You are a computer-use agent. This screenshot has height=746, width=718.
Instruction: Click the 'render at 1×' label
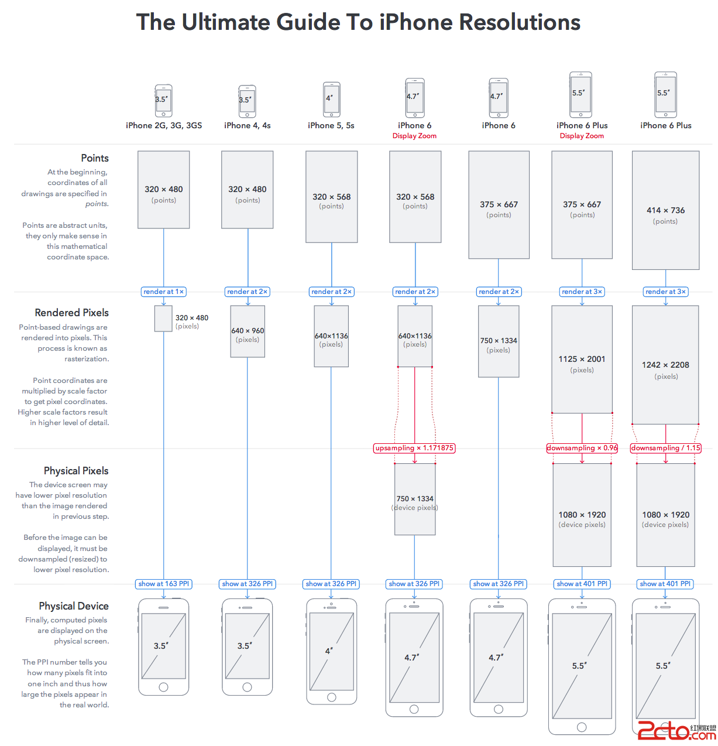pos(163,292)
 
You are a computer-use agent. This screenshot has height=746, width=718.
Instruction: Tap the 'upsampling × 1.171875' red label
pos(414,448)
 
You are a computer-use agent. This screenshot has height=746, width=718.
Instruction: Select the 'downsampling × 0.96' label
pos(582,448)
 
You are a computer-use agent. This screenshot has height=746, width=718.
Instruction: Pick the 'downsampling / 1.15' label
pos(665,448)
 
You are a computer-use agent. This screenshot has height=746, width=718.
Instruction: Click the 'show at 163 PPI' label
pos(163,584)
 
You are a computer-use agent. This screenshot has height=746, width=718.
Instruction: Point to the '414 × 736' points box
pos(665,210)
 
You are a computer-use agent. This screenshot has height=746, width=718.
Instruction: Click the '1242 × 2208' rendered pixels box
pos(665,365)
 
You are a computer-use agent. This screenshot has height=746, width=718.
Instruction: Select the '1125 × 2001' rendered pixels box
pos(582,359)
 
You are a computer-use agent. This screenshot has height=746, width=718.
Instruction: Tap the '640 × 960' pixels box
pos(248,331)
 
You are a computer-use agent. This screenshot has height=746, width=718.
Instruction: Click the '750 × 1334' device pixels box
pos(414,499)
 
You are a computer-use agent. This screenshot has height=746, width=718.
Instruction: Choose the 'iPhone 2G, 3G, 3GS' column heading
pos(164,125)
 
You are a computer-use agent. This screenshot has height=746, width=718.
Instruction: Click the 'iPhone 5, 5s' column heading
pos(331,125)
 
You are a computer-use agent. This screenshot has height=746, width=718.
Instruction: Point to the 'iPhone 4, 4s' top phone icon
pos(248,101)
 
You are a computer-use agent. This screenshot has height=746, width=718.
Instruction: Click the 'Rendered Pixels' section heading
pos(71,313)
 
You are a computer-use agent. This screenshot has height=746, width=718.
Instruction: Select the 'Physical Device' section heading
pos(74,606)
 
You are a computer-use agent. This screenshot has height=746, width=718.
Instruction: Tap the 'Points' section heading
pos(95,158)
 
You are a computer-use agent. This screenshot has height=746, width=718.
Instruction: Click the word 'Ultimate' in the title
pos(225,22)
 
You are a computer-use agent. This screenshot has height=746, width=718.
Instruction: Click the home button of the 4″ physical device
pos(332,697)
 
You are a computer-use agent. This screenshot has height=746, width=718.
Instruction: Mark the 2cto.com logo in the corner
pos(676,731)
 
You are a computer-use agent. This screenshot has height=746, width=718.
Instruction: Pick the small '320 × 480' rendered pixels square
pos(163,319)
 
